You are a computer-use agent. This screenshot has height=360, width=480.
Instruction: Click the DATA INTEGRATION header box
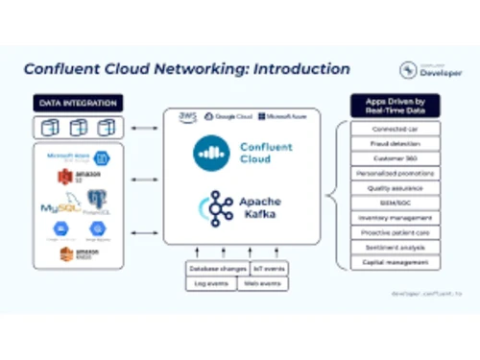[79, 103]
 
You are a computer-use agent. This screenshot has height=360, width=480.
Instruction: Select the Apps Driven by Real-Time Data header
[395, 105]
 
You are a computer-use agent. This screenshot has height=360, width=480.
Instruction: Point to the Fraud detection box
[396, 143]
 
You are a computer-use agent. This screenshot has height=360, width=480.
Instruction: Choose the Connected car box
[396, 128]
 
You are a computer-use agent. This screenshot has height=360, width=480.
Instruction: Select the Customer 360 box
[396, 157]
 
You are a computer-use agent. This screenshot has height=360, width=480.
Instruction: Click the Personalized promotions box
[396, 173]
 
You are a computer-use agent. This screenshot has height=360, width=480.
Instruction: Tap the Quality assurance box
[396, 188]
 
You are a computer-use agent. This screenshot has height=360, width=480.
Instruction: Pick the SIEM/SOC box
[396, 203]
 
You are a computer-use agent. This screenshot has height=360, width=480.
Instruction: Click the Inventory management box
[396, 217]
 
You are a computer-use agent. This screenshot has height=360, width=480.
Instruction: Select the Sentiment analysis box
[396, 247]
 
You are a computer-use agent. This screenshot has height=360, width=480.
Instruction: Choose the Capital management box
[396, 262]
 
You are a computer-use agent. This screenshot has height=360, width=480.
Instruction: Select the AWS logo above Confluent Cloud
[188, 117]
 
